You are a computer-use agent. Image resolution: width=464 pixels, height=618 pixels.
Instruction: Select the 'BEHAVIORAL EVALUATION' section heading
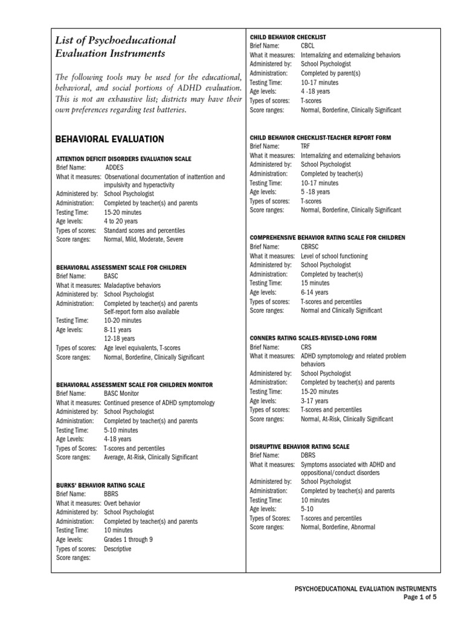[109, 139]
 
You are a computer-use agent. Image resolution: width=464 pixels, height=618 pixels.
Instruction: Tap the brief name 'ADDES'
[115, 168]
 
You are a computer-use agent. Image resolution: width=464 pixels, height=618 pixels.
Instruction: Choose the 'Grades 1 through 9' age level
[128, 540]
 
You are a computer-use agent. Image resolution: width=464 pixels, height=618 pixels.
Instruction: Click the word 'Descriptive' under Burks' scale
[117, 549]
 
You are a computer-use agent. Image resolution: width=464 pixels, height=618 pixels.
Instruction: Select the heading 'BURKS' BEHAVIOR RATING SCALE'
[100, 485]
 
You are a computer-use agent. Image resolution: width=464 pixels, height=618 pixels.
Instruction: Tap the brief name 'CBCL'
[308, 46]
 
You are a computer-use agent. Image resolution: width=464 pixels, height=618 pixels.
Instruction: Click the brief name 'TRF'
[306, 146]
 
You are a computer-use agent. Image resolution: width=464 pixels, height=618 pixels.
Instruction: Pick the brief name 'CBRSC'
[310, 247]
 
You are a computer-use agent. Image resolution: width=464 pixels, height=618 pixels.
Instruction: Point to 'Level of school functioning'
[334, 256]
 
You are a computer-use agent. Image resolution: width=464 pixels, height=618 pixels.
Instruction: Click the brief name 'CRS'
[306, 347]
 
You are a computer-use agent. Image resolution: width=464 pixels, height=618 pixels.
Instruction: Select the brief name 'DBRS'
[308, 455]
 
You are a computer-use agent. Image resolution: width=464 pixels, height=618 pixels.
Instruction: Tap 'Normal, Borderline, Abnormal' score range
[338, 527]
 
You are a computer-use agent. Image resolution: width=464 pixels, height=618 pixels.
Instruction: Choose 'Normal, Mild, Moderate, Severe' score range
[143, 240]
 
